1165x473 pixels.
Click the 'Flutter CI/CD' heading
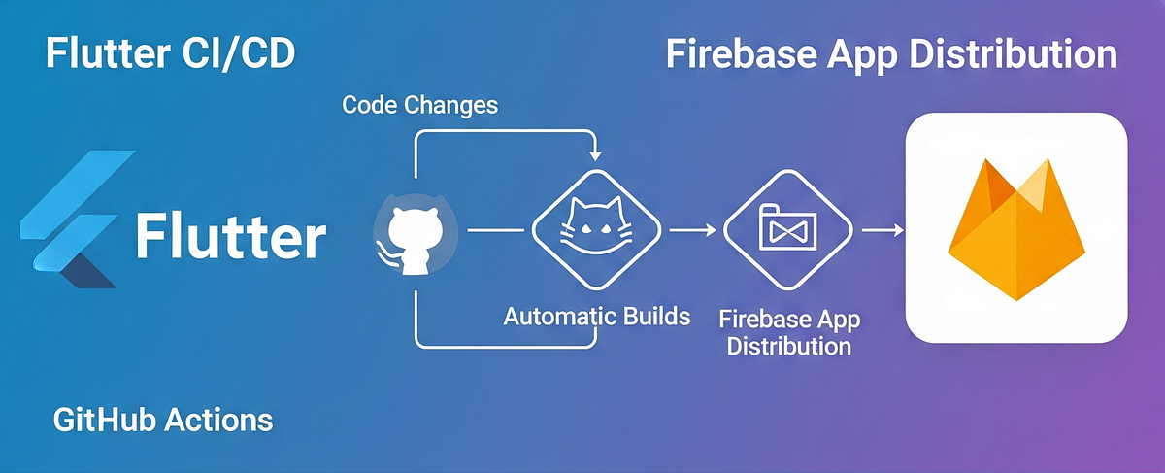pos(170,54)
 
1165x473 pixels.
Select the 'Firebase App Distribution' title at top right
pos(891,54)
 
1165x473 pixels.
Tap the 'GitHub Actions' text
pos(163,420)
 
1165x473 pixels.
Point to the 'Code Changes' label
pos(419,105)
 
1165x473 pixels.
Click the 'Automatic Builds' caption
pos(597,316)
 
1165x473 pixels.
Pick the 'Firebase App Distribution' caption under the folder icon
pos(789,332)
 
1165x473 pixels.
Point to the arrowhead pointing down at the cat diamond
pos(595,154)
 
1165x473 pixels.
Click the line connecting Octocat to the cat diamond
pos(493,231)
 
